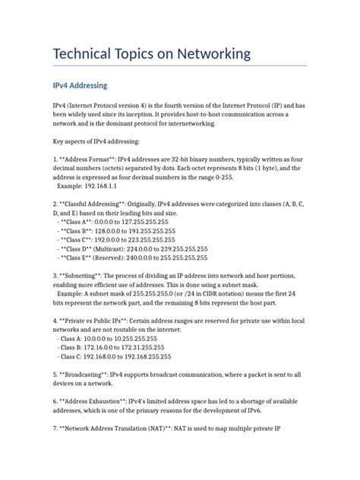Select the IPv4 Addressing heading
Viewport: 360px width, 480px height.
tap(85, 86)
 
